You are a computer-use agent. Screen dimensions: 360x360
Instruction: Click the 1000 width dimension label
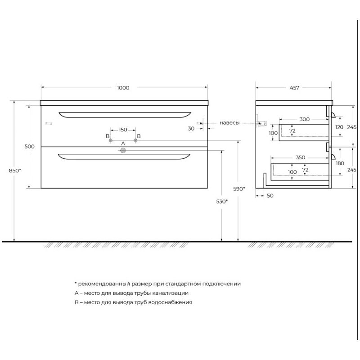[123, 88]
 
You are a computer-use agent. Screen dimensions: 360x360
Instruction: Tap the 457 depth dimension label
[294, 88]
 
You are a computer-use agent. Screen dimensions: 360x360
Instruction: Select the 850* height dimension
[15, 171]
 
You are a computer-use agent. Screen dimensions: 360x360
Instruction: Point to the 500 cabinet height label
[29, 147]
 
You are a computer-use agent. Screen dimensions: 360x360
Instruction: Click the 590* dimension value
[239, 189]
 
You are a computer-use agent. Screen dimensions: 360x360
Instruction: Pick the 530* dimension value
[222, 202]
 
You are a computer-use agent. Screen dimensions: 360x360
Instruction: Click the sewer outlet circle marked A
[123, 151]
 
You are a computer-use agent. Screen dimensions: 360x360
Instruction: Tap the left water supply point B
[111, 140]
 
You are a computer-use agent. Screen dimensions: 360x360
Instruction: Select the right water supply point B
[135, 140]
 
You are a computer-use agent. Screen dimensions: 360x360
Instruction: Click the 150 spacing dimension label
[123, 130]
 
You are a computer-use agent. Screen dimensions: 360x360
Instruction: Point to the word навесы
[229, 123]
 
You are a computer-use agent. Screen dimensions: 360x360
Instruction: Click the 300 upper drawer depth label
[305, 119]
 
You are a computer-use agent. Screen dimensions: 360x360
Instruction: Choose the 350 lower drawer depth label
[300, 157]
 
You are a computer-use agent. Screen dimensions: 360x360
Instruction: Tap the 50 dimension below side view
[270, 196]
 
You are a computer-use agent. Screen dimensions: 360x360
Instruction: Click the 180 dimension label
[340, 163]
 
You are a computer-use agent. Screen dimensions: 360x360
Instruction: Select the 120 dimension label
[339, 127]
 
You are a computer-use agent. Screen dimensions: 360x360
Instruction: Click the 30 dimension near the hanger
[191, 129]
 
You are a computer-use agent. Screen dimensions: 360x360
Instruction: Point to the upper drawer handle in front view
[125, 115]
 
